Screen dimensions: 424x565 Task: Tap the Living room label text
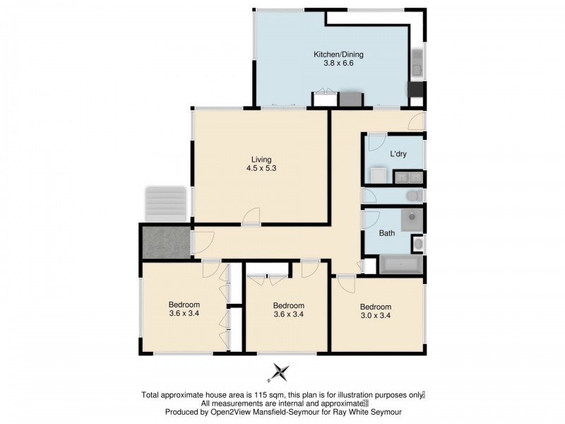pyautogui.click(x=261, y=159)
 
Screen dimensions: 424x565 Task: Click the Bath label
pyautogui.click(x=387, y=232)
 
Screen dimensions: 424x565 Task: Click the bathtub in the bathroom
pyautogui.click(x=400, y=266)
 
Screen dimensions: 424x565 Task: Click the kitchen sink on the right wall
pyautogui.click(x=417, y=61)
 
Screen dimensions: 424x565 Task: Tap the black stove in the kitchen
pyautogui.click(x=414, y=90)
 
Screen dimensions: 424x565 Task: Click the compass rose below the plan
pyautogui.click(x=281, y=372)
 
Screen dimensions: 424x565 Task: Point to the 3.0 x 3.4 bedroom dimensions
pyautogui.click(x=375, y=316)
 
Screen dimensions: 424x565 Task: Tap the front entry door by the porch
pyautogui.click(x=199, y=242)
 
